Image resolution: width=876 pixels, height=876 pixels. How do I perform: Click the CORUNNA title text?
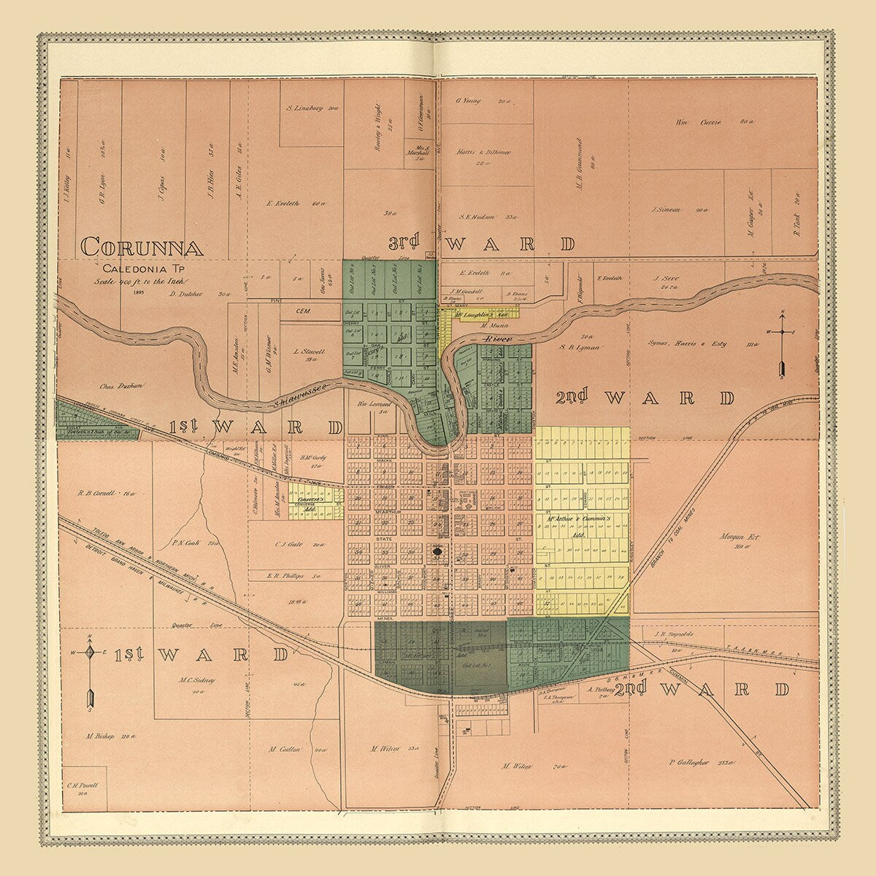click(142, 246)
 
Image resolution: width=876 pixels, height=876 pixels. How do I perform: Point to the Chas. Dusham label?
click(123, 385)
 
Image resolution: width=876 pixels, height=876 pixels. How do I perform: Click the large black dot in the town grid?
click(437, 552)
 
